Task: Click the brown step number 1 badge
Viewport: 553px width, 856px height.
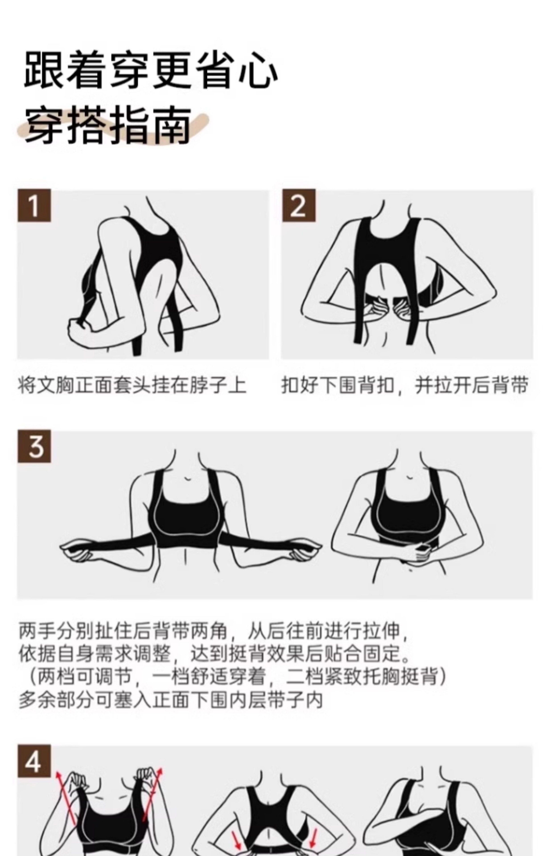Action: click(x=34, y=205)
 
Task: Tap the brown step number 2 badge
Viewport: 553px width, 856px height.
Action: click(x=299, y=205)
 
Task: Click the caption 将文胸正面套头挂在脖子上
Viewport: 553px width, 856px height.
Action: click(x=132, y=385)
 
